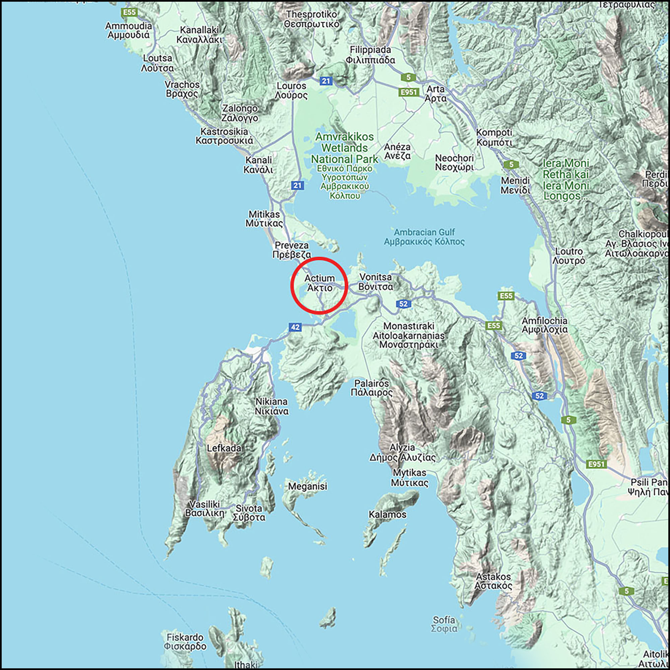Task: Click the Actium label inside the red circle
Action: (319, 283)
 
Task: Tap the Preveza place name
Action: (292, 250)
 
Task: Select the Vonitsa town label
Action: (376, 282)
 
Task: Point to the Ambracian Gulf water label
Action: (424, 237)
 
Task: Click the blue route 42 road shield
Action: (295, 327)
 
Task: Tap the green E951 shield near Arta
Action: (408, 92)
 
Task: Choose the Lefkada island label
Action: (224, 448)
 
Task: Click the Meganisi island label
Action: (308, 486)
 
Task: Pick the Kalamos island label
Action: (387, 514)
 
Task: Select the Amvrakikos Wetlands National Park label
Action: (344, 148)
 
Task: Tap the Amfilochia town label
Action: (544, 325)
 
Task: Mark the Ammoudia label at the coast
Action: (129, 30)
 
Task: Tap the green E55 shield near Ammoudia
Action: (129, 13)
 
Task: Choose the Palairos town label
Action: (372, 388)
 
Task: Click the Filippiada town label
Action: (371, 55)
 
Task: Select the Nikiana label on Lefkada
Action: (272, 406)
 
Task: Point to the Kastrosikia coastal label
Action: (224, 136)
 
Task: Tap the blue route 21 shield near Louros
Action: (326, 81)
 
